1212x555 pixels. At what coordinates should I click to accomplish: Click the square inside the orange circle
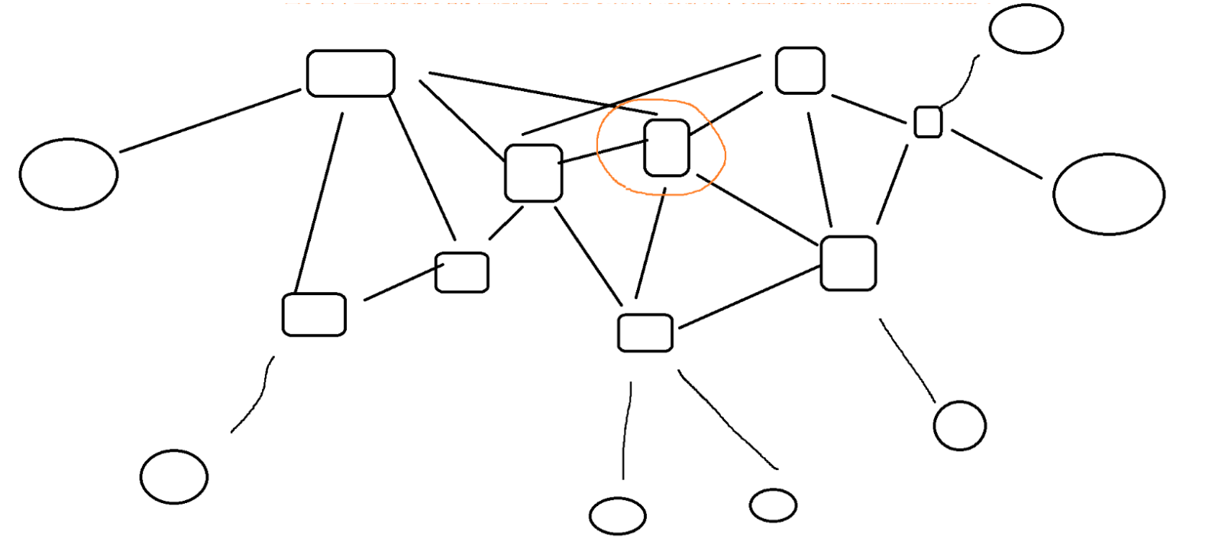[667, 148]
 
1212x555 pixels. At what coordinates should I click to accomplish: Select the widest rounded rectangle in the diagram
[351, 73]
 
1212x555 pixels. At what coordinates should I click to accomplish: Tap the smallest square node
[928, 122]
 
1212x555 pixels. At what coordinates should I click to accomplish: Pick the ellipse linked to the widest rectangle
[69, 174]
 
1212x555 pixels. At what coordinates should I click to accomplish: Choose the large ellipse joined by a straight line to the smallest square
[1108, 193]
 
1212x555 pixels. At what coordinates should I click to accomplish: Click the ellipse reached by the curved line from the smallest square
[1026, 29]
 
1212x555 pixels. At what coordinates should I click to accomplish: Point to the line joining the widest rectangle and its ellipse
[210, 121]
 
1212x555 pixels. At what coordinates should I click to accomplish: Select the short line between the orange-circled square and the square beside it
[603, 151]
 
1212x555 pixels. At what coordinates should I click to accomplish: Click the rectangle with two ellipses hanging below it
[645, 333]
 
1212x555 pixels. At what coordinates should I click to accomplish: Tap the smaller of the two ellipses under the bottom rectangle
[773, 505]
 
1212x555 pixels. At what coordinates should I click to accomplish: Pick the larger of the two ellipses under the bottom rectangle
[617, 515]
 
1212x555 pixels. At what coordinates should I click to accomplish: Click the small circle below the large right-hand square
[960, 425]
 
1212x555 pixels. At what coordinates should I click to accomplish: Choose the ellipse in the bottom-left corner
[174, 476]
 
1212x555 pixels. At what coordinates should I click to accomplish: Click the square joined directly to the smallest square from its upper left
[800, 70]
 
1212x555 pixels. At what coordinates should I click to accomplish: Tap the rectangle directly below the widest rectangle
[314, 314]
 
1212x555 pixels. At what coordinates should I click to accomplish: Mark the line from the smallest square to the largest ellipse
[997, 154]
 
